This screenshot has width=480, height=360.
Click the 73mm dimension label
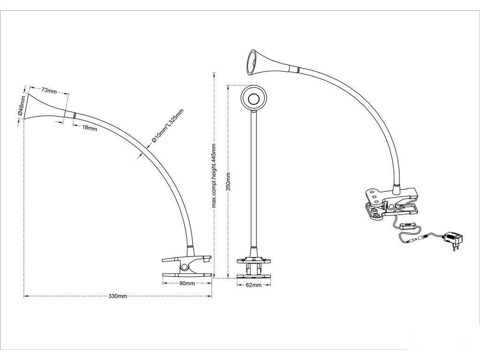coord(49,90)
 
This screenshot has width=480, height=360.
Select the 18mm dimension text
coord(90,128)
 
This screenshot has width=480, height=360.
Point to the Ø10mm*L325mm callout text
coord(167,126)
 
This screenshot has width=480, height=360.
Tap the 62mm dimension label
coord(254,285)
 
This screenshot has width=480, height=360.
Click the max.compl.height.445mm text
coord(214,176)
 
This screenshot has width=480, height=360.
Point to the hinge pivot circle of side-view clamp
coord(184,267)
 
